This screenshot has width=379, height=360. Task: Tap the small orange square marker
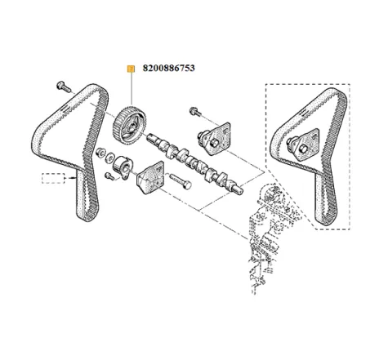(x=128, y=70)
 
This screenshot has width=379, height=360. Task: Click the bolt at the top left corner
(x=63, y=86)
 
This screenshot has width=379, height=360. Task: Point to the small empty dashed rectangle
(x=54, y=178)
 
